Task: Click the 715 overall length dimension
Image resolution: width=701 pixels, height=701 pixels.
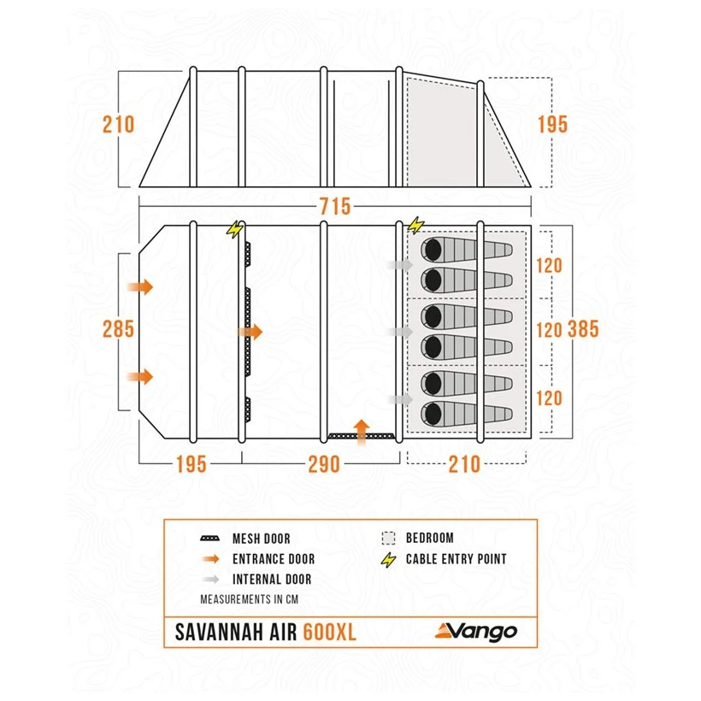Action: pos(335,207)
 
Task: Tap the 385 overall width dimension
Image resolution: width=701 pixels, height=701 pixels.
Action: pos(583,329)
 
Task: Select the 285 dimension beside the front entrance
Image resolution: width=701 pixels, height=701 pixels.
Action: pos(118,329)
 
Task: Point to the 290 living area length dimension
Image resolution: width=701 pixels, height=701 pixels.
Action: pos(324,464)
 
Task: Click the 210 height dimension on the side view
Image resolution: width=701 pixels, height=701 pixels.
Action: pos(118,124)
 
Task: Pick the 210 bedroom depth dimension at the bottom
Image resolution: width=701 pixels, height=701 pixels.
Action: pos(464,464)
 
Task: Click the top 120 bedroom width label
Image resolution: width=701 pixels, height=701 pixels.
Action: pos(549,266)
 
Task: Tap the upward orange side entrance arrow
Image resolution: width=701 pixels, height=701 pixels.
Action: pos(362,433)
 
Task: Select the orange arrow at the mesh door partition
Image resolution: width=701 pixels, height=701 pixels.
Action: pos(250,332)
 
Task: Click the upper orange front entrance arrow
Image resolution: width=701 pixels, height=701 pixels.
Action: pos(140,286)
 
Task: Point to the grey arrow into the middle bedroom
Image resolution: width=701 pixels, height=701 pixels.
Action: pos(400,332)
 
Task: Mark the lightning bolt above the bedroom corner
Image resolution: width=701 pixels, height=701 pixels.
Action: pos(415,225)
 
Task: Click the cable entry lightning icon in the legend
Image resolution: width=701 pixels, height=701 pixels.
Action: pos(388,560)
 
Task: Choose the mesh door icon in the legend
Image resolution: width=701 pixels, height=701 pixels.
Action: pos(209,539)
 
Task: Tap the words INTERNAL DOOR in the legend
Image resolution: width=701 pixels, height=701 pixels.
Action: pos(272,580)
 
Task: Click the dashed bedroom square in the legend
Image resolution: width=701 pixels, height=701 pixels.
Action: pos(388,538)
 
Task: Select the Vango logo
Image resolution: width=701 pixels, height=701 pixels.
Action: pos(476,632)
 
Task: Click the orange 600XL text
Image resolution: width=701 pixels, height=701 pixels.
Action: pos(329,632)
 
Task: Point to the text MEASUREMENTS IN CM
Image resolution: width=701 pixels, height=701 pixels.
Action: pos(249,599)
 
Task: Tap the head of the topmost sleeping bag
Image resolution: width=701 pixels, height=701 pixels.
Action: pos(433,250)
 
